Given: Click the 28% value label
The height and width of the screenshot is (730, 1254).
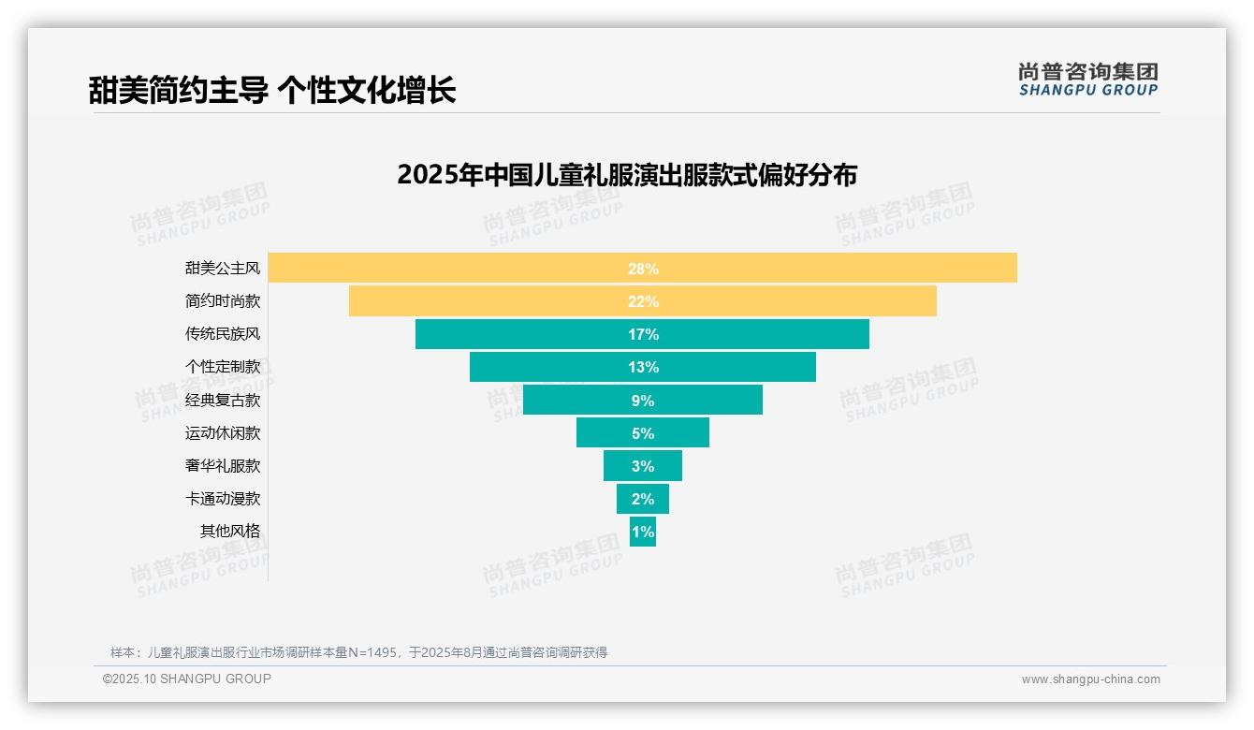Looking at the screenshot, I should point(643,269).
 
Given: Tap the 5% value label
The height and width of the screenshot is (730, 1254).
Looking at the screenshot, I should point(643,433).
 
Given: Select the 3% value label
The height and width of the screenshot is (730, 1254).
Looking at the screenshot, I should point(643,466).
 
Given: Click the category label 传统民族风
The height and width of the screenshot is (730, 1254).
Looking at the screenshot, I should point(223,334).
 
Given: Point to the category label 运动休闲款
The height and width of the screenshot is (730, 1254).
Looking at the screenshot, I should point(223,433).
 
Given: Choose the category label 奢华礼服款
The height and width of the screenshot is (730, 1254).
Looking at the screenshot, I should point(223,466).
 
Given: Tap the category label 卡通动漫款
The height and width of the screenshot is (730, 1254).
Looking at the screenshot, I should point(223,499).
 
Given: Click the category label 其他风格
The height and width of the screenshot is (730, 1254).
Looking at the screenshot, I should point(230,532).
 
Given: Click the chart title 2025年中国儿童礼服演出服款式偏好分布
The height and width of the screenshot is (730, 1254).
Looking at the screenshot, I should point(627,175).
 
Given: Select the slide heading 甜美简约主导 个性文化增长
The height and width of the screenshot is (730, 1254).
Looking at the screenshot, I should point(272,91).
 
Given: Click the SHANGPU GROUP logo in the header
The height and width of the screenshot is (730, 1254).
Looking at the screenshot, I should point(1088,80).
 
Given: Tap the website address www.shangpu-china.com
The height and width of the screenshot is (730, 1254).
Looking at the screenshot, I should point(1090,679).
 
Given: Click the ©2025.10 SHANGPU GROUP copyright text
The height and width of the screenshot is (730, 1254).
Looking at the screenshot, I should point(187,679).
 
